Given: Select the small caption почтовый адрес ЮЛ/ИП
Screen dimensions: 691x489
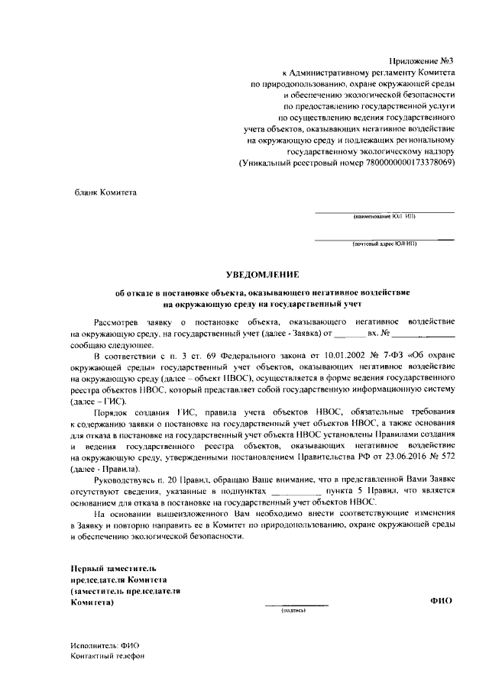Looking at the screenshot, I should click(384, 245).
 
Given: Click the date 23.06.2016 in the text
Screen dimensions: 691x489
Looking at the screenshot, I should click(391, 456).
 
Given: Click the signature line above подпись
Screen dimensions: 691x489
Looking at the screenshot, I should click(296, 605).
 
